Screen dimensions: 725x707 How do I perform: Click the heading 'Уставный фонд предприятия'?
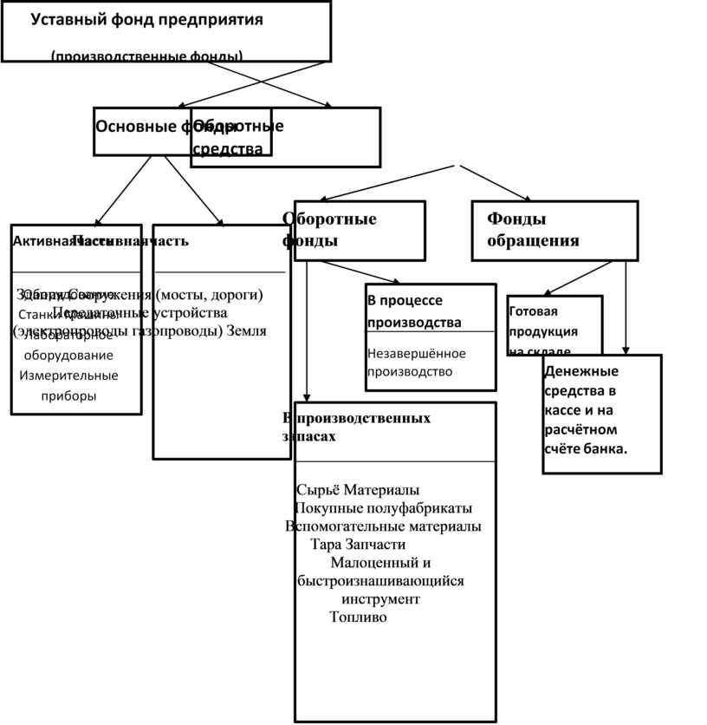point(147,19)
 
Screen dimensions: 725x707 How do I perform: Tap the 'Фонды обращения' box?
point(555,230)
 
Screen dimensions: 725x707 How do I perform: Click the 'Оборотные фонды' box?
point(353,230)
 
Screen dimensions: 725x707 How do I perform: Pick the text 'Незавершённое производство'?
point(416,362)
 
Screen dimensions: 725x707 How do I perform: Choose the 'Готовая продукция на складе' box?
point(555,325)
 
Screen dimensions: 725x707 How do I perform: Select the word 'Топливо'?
point(358,617)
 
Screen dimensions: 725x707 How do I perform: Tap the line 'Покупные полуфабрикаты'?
point(383,508)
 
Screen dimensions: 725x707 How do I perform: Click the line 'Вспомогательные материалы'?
point(383,526)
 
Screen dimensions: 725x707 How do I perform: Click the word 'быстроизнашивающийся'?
point(380,581)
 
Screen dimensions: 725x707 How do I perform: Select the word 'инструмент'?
point(380,599)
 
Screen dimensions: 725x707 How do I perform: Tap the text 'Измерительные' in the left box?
point(68,376)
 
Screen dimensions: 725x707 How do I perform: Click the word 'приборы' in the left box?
point(68,395)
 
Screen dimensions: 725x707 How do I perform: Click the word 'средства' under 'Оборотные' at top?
point(227,149)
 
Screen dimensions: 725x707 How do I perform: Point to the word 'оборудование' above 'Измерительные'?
point(68,356)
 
